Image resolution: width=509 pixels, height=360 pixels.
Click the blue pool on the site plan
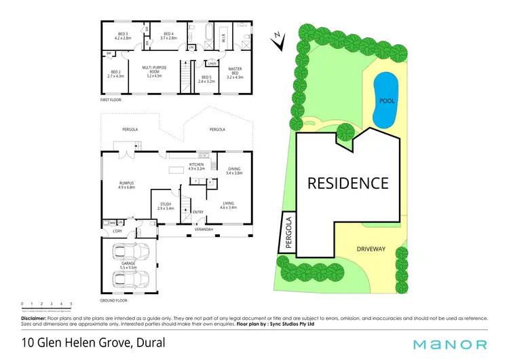[387, 99]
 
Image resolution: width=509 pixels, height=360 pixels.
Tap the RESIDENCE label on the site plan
[348, 183]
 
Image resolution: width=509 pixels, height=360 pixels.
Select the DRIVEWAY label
[371, 249]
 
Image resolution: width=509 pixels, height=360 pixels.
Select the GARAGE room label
[129, 262]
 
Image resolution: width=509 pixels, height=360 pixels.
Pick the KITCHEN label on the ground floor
[197, 164]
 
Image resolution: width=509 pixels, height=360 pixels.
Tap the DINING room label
[233, 169]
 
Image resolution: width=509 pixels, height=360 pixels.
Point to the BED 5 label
[206, 79]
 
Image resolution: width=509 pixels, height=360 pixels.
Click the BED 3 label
[122, 35]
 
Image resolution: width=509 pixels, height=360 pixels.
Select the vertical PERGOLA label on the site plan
[289, 232]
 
